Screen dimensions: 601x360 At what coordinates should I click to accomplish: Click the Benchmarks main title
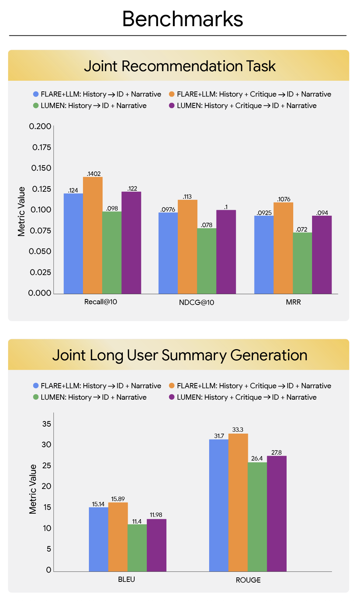(183, 19)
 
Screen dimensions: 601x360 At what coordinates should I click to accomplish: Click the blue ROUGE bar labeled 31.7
(219, 505)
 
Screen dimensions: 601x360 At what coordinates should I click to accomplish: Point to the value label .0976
(168, 209)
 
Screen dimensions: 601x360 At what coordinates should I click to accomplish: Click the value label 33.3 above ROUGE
(238, 430)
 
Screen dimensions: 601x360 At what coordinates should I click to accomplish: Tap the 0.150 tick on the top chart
(41, 168)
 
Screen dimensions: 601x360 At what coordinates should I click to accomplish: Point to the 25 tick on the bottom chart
(47, 466)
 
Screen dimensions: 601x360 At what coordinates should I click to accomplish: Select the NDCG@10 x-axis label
(197, 303)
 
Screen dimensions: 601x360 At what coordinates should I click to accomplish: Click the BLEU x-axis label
(127, 580)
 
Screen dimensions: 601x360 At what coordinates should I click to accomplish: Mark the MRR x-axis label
(293, 302)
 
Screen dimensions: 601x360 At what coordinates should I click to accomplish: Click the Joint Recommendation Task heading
(180, 66)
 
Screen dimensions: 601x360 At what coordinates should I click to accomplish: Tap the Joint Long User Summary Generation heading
(180, 355)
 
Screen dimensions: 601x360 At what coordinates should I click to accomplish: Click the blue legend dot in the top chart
(36, 94)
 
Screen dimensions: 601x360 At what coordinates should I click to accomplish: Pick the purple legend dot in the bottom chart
(172, 397)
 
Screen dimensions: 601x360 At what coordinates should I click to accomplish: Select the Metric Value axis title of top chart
(21, 211)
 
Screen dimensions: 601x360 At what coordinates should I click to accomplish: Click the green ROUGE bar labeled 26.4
(257, 517)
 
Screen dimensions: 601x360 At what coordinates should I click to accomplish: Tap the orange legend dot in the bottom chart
(172, 386)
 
